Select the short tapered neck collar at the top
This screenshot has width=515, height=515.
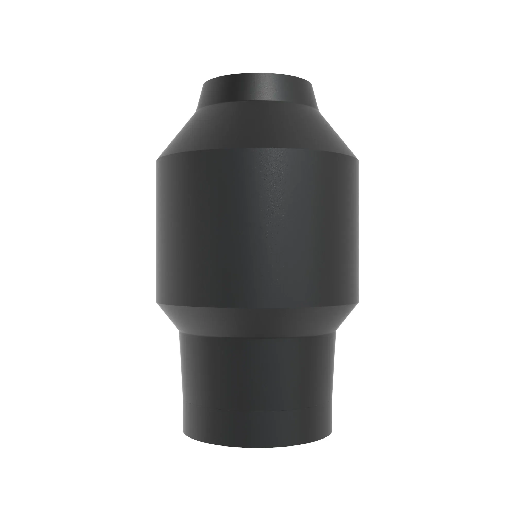(x=257, y=89)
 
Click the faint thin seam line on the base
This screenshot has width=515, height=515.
(x=257, y=411)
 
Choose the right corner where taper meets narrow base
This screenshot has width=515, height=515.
(x=336, y=331)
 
